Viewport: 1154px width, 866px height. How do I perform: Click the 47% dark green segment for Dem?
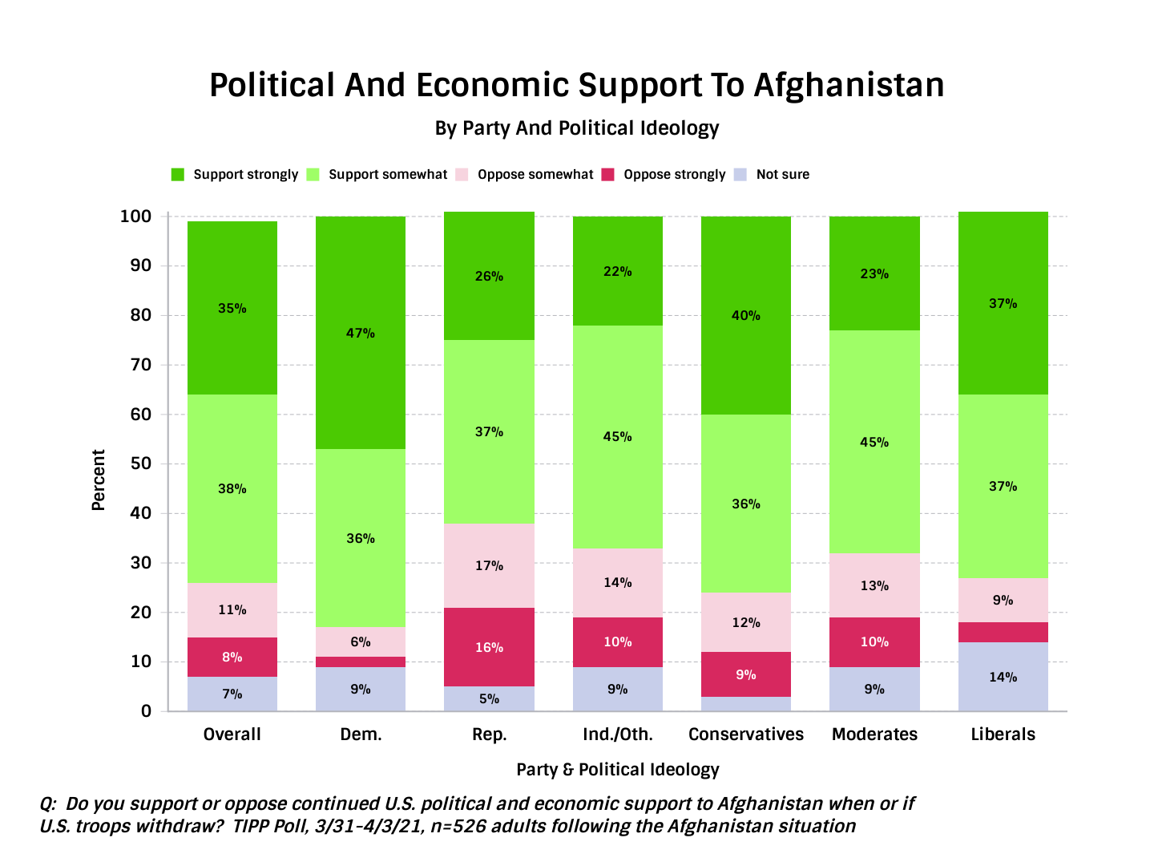[x=361, y=333]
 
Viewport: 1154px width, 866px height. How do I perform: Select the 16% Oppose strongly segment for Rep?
[x=489, y=647]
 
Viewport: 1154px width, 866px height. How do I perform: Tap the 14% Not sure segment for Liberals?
[x=1003, y=677]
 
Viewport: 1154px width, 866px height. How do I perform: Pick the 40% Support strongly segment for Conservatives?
[x=745, y=315]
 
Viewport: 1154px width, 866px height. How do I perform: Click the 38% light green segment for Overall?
[x=232, y=488]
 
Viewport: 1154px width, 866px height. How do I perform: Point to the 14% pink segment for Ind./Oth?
[x=617, y=582]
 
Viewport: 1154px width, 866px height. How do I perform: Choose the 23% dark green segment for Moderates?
[x=874, y=273]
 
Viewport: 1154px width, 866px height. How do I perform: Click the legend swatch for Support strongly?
[x=178, y=175]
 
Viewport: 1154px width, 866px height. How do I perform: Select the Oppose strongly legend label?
[x=674, y=175]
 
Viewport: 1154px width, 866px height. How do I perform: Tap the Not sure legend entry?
[x=782, y=175]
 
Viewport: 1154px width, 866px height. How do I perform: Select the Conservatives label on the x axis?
[x=745, y=734]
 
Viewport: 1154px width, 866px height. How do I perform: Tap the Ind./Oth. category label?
[x=617, y=734]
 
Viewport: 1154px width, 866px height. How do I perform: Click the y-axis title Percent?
[x=99, y=480]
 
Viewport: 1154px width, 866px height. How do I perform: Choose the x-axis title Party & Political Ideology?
[x=617, y=770]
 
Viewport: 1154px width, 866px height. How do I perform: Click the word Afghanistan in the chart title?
[x=849, y=85]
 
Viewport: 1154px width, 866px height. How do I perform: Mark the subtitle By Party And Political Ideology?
[x=577, y=128]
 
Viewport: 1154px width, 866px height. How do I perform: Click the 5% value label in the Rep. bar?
[x=489, y=698]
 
